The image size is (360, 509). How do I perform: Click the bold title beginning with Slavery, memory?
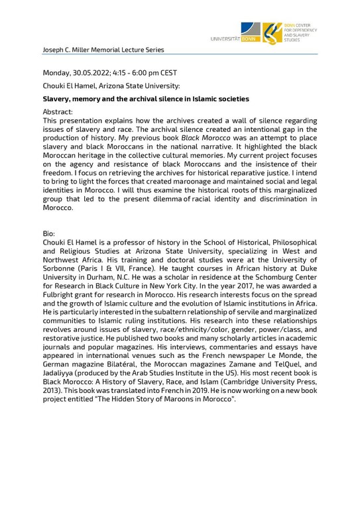point(146,99)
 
